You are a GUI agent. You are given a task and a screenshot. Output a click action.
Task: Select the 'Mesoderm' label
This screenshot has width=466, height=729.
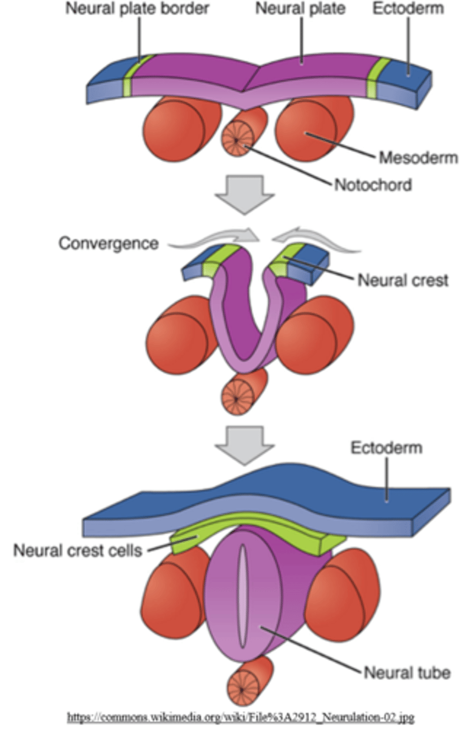pos(409,159)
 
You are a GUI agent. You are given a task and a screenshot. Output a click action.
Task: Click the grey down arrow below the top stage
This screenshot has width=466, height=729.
pos(245,193)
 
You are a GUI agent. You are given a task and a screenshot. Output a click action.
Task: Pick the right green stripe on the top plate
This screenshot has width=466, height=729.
pos(380,78)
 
